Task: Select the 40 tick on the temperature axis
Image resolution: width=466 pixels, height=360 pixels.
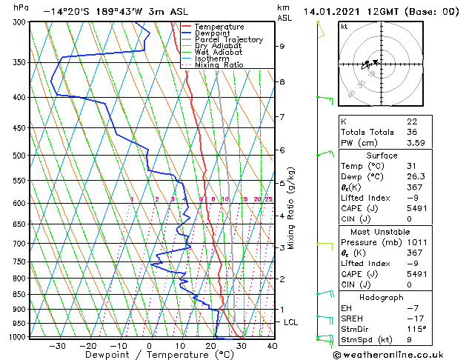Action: click(272, 345)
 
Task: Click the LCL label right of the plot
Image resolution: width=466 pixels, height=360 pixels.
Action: click(291, 322)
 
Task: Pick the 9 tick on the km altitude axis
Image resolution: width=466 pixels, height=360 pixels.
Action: click(282, 46)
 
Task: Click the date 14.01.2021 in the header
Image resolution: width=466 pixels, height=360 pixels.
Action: click(330, 11)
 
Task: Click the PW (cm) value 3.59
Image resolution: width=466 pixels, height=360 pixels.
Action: click(416, 143)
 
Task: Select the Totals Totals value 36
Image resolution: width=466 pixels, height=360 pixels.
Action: click(412, 132)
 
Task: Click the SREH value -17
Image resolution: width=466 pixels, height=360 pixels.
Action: click(414, 319)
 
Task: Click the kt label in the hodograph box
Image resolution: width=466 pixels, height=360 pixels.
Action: click(344, 26)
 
